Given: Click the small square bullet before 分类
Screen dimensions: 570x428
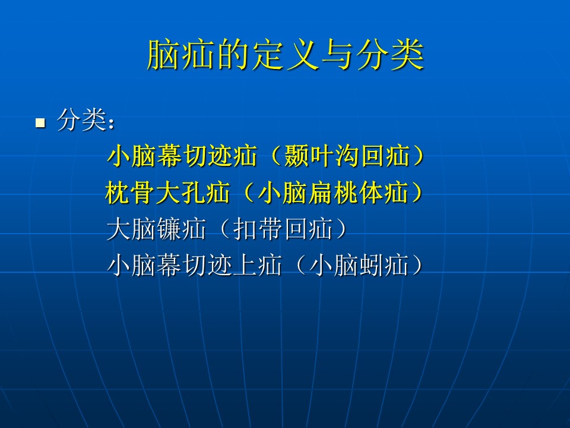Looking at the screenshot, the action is pyautogui.click(x=40, y=122).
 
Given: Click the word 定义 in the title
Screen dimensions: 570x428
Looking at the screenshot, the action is pyautogui.click(x=286, y=55).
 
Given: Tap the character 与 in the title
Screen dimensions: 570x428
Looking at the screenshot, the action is pyautogui.click(x=338, y=55).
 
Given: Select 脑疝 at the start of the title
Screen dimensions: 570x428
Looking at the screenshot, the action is pyautogui.click(x=180, y=55).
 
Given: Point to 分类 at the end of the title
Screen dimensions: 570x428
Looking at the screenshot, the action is pyautogui.click(x=390, y=55).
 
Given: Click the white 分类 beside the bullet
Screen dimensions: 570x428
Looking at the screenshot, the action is pyautogui.click(x=81, y=119).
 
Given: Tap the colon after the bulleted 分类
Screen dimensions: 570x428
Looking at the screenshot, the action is pyautogui.click(x=111, y=124).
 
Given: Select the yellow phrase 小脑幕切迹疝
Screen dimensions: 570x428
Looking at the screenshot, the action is pyautogui.click(x=182, y=156).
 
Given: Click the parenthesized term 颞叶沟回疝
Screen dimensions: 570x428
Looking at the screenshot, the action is pyautogui.click(x=347, y=156).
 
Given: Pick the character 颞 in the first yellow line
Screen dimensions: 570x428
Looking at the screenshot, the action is pyautogui.click(x=297, y=156).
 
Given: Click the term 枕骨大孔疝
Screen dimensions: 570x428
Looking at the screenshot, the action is pyautogui.click(x=167, y=193).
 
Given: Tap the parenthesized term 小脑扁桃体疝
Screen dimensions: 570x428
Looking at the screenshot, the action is pyautogui.click(x=332, y=193).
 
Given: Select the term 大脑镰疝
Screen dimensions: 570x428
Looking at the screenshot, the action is pyautogui.click(x=156, y=229).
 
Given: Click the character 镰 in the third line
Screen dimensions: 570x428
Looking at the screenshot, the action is pyautogui.click(x=169, y=229).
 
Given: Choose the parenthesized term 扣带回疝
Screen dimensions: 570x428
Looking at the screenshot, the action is pyautogui.click(x=283, y=229).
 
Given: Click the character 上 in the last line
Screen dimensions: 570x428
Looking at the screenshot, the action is pyautogui.click(x=244, y=265).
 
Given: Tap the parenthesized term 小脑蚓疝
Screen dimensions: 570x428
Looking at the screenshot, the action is pyautogui.click(x=359, y=265).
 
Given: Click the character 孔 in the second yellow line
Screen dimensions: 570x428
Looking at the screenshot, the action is pyautogui.click(x=192, y=193).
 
